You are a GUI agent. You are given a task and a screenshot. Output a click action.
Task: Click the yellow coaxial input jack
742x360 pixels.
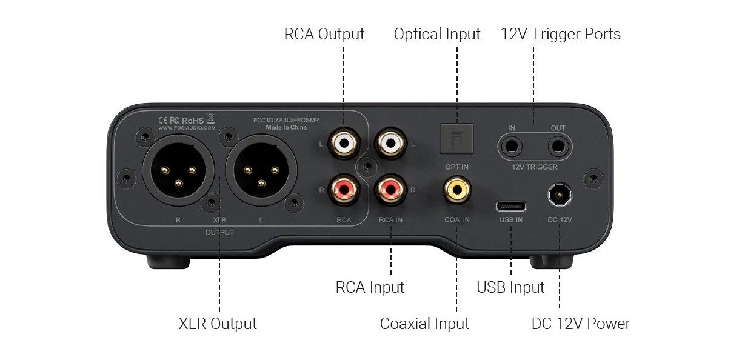click(458, 189)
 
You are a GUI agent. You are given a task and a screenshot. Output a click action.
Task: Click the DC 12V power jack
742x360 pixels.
click(560, 194)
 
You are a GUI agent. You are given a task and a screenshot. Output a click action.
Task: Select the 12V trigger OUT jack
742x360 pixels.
click(557, 146)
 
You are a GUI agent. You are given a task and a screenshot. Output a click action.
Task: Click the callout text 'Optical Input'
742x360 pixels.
click(437, 34)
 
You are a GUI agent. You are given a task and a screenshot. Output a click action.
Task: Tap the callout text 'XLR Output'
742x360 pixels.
click(218, 324)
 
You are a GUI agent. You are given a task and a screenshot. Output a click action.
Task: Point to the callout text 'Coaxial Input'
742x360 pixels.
click(424, 324)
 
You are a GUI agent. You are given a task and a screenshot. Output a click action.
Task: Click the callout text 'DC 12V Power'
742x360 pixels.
click(581, 324)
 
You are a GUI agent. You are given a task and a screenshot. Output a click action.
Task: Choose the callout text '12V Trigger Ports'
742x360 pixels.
click(561, 34)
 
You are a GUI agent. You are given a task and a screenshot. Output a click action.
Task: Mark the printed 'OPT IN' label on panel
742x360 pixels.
click(456, 166)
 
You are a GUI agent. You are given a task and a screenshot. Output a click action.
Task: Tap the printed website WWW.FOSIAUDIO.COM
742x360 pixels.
click(187, 128)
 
